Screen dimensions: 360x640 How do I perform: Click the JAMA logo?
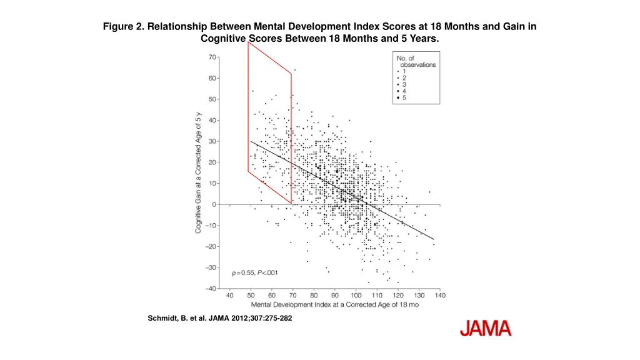click(486, 329)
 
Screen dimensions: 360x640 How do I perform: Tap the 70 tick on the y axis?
click(212, 57)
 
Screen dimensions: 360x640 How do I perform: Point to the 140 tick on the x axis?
click(440, 295)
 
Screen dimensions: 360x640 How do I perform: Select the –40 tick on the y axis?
click(211, 288)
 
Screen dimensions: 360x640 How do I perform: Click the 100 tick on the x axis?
click(356, 295)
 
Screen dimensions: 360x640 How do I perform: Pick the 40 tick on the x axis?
click(229, 295)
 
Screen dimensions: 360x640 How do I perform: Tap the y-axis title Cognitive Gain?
click(198, 172)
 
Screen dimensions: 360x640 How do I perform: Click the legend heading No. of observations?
click(416, 61)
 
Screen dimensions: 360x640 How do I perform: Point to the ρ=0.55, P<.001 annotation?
click(255, 272)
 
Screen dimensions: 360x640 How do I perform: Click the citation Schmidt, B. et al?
click(219, 318)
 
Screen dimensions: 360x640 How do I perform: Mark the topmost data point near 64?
click(294, 70)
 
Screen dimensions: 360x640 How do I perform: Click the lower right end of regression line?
click(434, 239)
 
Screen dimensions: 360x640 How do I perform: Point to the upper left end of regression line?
click(251, 141)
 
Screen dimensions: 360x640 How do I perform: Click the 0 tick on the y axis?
click(214, 204)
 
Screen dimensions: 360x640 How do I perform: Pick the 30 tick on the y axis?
click(212, 141)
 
